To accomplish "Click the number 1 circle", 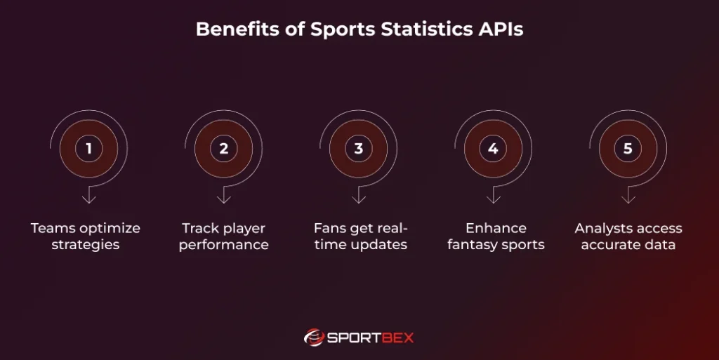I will pos(89,149).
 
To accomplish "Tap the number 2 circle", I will pos(224,149).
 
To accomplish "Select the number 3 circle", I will pos(359,149).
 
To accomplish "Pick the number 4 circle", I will pos(493,149).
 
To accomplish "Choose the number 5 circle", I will pos(628,149).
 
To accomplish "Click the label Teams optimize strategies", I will pos(86,236).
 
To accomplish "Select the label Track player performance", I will pos(224,236).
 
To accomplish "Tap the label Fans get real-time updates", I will pos(360,236).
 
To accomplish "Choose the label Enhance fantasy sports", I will pos(496,236).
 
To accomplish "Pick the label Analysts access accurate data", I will pos(628,236).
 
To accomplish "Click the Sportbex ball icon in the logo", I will pos(314,338).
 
